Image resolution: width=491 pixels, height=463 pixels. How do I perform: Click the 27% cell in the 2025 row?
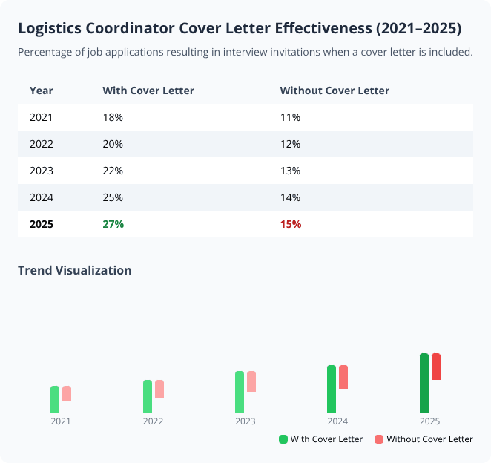tap(113, 224)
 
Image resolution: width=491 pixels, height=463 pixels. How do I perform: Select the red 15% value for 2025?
tap(290, 224)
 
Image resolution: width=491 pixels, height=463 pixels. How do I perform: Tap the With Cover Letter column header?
tap(148, 91)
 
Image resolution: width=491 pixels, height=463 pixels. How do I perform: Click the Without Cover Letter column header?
tap(335, 91)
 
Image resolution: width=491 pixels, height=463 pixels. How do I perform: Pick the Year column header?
tap(41, 91)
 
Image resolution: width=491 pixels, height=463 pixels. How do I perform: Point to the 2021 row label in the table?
tap(41, 117)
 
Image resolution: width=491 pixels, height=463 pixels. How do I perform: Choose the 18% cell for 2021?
tap(113, 117)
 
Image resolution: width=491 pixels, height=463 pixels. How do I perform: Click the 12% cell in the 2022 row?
tap(290, 144)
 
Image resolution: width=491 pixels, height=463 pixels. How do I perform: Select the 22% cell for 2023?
tap(113, 171)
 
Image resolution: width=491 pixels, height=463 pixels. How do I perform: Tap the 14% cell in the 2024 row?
tap(290, 197)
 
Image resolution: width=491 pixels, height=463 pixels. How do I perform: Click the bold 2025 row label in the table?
tap(42, 224)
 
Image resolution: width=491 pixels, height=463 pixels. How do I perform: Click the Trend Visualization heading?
tap(74, 270)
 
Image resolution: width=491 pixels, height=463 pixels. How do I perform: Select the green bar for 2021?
tap(55, 399)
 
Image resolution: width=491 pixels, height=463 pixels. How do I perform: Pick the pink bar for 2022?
tap(159, 389)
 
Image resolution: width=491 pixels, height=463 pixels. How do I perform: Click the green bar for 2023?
tap(240, 392)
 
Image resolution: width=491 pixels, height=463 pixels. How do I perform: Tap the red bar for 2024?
tap(343, 377)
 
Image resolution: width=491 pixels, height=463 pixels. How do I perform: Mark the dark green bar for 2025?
tap(424, 383)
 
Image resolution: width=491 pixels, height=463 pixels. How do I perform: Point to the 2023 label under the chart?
tap(245, 421)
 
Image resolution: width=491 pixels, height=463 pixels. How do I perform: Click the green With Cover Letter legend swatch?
tap(283, 439)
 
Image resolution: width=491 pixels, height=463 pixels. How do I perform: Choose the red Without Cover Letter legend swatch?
tap(379, 439)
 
